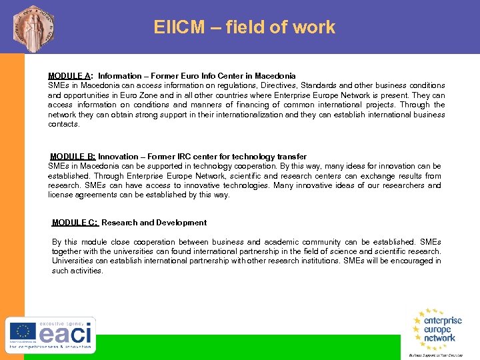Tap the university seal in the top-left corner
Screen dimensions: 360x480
tap(33, 27)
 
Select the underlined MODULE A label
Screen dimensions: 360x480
tap(69, 76)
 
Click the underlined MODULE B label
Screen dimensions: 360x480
tap(72, 157)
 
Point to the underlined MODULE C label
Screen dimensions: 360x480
tap(75, 223)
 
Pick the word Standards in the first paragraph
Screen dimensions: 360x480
tap(321, 85)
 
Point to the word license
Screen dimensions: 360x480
tap(61, 195)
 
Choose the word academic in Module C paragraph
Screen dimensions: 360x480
tap(282, 242)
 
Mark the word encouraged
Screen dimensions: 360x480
tap(407, 261)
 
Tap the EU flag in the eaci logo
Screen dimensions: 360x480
tap(23, 331)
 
